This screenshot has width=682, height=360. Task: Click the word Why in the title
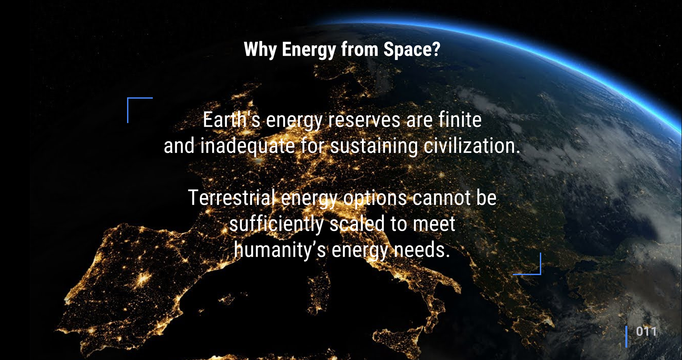pos(260,50)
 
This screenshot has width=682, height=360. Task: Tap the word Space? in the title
pos(412,50)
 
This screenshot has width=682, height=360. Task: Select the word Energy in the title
pos(309,50)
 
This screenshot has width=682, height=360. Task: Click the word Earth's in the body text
pos(231,120)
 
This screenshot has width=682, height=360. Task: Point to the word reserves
pos(364,120)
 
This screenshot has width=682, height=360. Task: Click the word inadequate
pos(248,146)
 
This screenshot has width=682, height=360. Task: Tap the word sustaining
pos(374,146)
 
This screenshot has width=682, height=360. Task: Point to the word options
pos(375,198)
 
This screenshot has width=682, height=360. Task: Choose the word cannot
pos(442,198)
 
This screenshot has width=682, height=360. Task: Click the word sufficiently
pos(276,224)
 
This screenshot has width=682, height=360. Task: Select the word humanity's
pos(280,250)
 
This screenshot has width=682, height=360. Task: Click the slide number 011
pos(646,332)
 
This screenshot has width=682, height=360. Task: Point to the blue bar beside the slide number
pos(626,337)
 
